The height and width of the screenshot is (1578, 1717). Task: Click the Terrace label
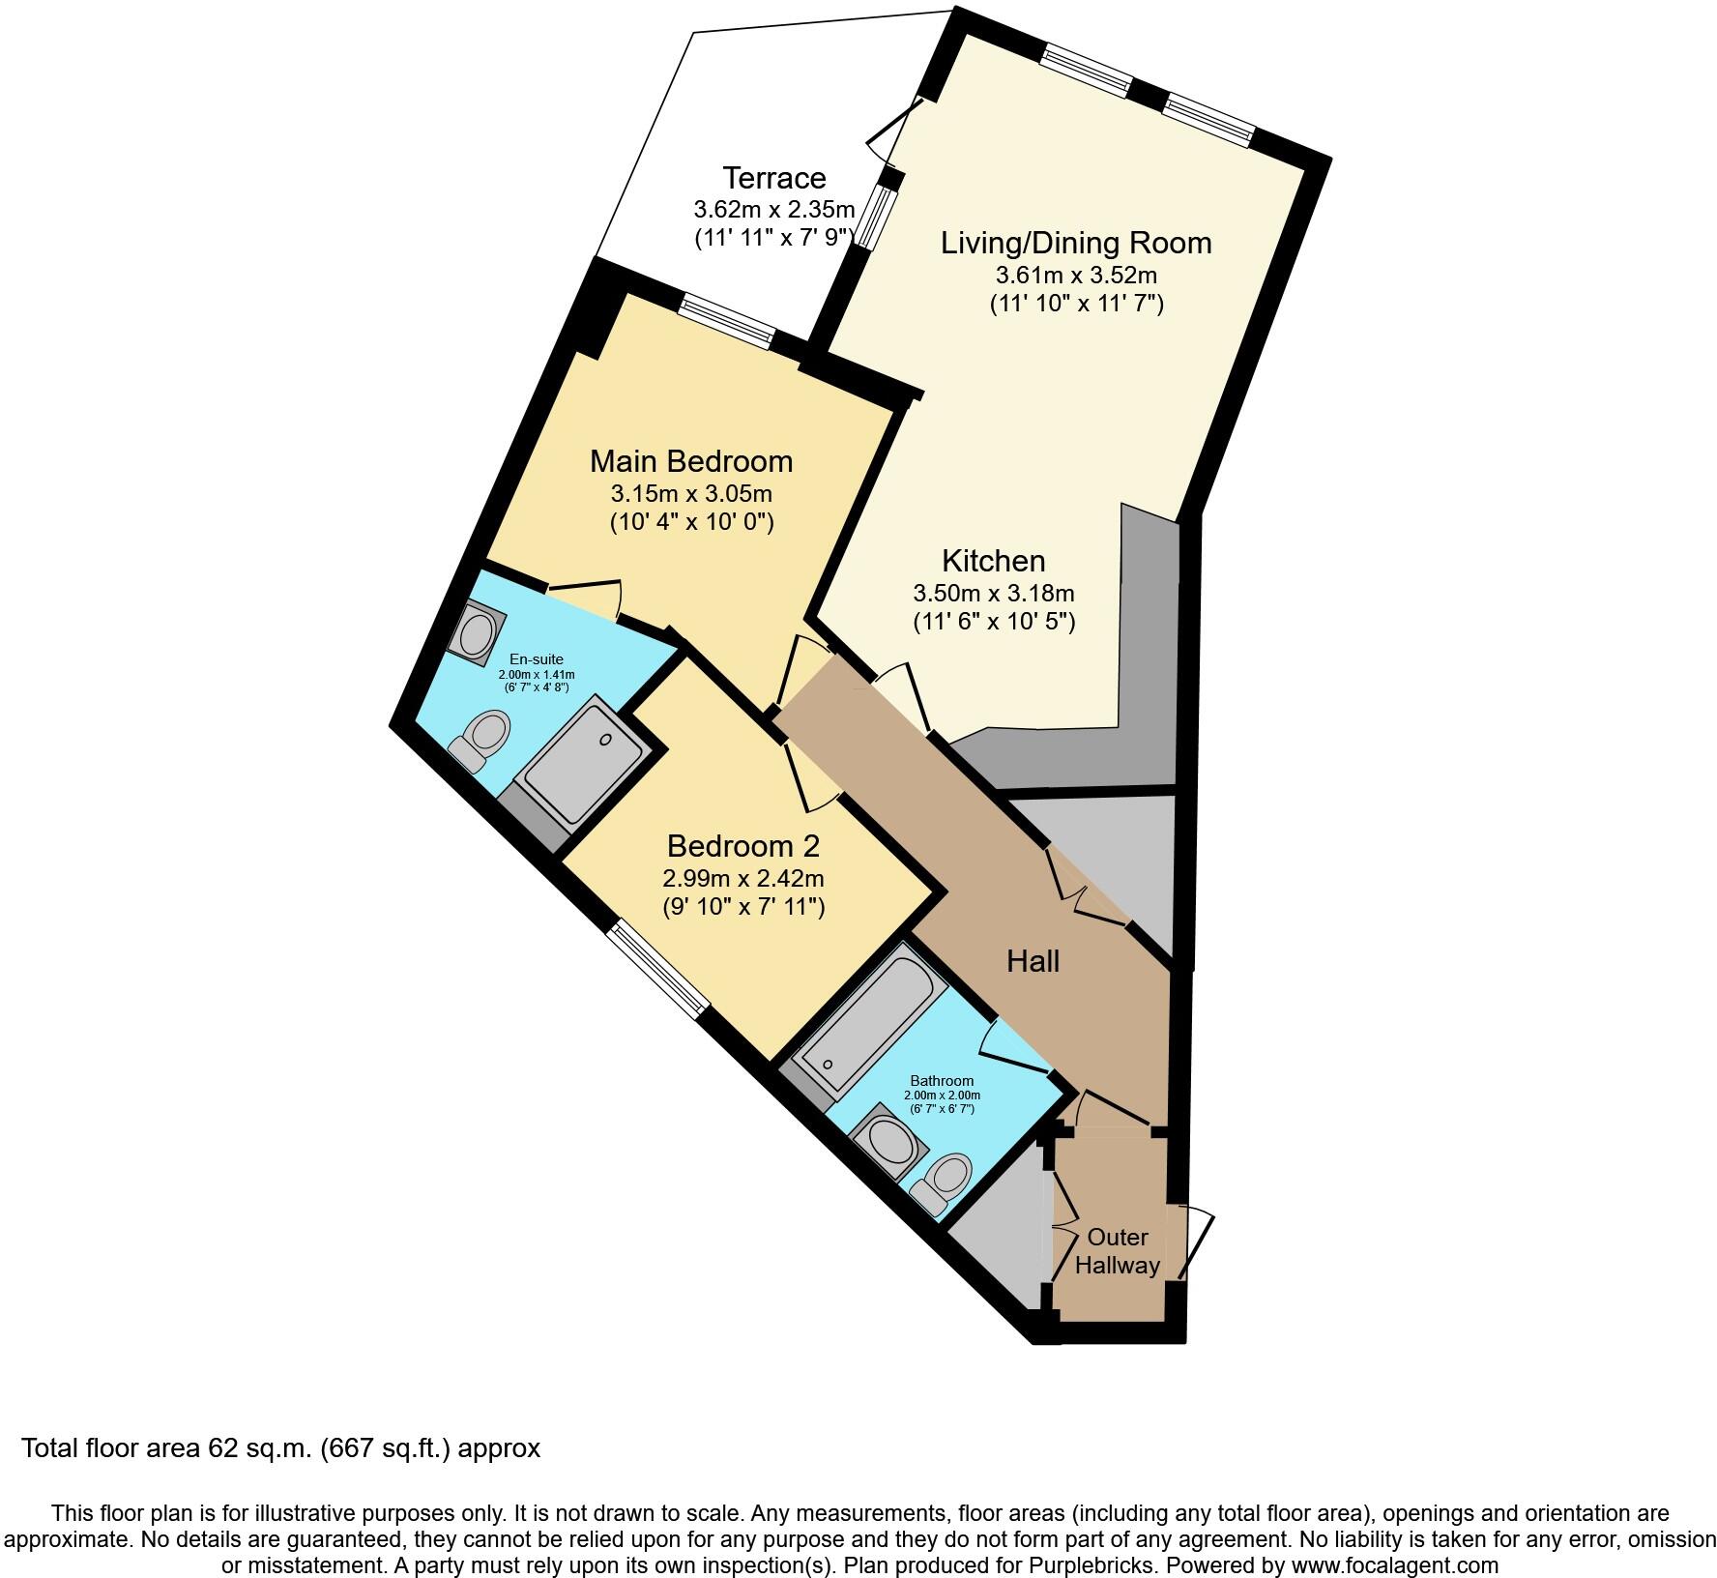click(774, 178)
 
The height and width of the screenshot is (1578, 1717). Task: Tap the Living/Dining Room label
click(1075, 242)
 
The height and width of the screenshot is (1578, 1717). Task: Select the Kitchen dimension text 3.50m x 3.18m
click(993, 592)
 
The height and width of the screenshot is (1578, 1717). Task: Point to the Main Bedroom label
click(690, 460)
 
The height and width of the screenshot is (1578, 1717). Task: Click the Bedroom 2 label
click(742, 846)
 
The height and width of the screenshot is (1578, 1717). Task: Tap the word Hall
click(1033, 961)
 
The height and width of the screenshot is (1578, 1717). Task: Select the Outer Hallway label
click(1117, 1251)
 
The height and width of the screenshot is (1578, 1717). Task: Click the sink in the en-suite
click(477, 634)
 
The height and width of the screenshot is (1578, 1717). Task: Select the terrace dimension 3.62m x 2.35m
click(773, 209)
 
